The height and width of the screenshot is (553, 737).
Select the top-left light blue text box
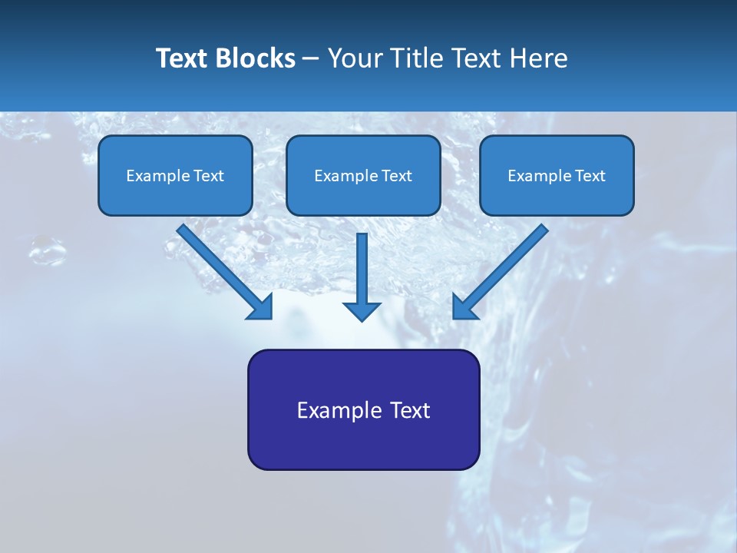pyautogui.click(x=175, y=175)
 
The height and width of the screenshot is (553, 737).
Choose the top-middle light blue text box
pyautogui.click(x=363, y=175)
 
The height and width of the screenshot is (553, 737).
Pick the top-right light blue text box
pyautogui.click(x=557, y=175)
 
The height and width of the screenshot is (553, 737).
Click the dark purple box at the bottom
pyautogui.click(x=363, y=409)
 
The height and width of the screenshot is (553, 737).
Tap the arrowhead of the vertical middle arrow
pyautogui.click(x=362, y=310)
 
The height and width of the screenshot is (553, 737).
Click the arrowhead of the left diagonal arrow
pyautogui.click(x=260, y=306)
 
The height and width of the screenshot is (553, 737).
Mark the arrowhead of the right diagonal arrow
pyautogui.click(x=464, y=306)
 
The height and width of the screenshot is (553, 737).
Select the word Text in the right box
pyautogui.click(x=590, y=176)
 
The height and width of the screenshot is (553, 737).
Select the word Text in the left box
pyautogui.click(x=209, y=176)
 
